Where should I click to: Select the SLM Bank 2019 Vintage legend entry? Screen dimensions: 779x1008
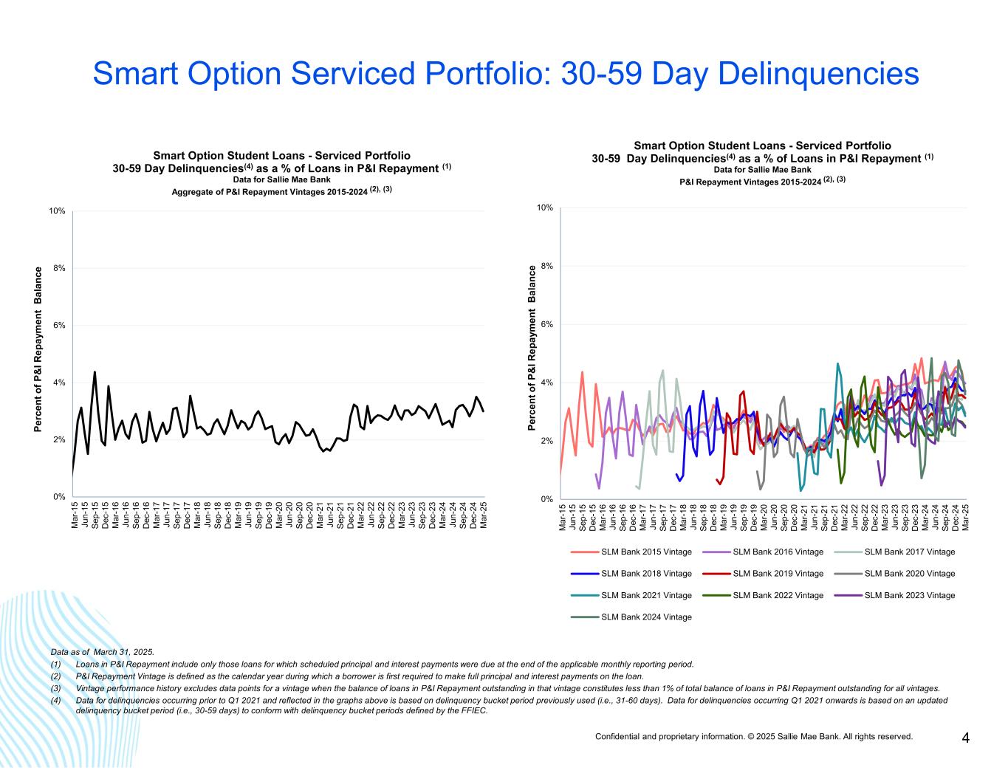[778, 574]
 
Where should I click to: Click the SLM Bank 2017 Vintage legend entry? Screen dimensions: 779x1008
[909, 552]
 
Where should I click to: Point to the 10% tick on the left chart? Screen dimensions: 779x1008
[57, 211]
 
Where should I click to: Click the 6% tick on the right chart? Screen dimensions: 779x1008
[547, 324]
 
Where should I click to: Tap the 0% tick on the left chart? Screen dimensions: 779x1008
[59, 497]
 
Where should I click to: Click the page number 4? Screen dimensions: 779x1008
[965, 738]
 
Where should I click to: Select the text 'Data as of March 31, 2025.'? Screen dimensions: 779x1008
[102, 652]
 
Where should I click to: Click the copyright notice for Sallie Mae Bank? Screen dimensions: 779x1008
[754, 736]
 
